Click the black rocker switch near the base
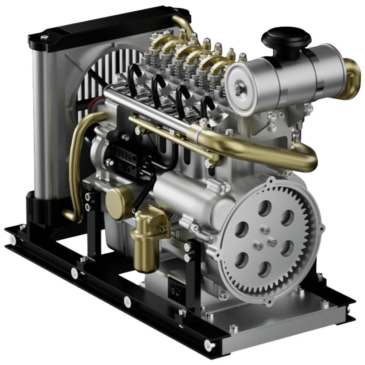174,291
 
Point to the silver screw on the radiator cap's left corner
44,37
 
